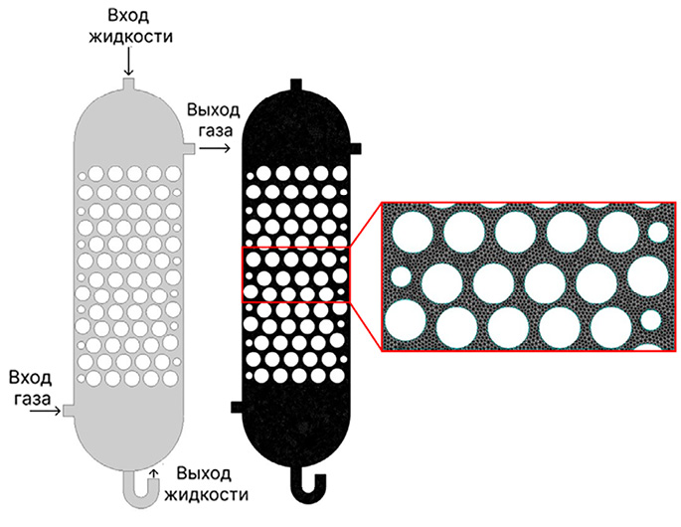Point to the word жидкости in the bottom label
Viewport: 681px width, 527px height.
[x=210, y=493]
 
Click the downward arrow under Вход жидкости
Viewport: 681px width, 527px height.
[x=127, y=64]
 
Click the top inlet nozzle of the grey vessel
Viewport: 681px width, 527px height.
[x=127, y=87]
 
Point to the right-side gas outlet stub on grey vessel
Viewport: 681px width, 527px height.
[x=188, y=148]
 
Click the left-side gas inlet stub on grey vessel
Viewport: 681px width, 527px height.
[x=67, y=410]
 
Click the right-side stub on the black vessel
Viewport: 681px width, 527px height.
[x=359, y=147]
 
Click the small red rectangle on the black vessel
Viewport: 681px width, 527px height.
[x=295, y=272]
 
